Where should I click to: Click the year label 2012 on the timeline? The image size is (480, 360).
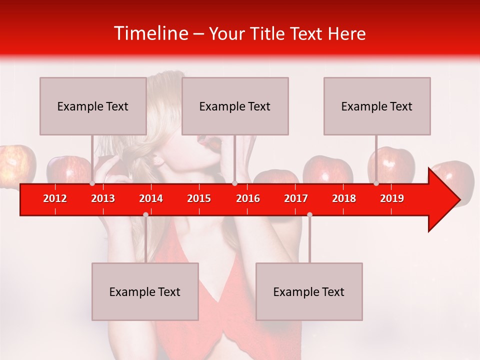point(55,198)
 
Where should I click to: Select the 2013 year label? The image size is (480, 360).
point(103,198)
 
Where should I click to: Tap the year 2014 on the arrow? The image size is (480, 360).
point(151,198)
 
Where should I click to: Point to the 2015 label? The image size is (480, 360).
point(199,198)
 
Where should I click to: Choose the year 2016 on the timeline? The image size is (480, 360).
point(248,198)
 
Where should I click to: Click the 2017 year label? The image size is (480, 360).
point(296,198)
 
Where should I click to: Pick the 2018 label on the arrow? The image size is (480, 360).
point(344,198)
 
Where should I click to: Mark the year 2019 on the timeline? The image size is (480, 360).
point(392,198)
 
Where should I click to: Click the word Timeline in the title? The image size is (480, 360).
point(150,33)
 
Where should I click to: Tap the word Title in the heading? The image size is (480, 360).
point(268,34)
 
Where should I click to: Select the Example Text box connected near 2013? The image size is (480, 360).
point(93,106)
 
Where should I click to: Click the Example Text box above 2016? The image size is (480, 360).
point(235,106)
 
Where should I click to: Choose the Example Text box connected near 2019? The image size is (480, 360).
point(377,106)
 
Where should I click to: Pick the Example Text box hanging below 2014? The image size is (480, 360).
point(145,291)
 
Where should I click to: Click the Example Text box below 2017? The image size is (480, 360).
point(309,291)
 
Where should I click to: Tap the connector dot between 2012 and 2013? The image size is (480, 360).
point(92,183)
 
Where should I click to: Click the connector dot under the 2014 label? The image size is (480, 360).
point(145,214)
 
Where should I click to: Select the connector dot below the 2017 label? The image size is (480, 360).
point(309,214)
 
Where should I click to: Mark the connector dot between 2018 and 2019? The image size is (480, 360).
point(376,183)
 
